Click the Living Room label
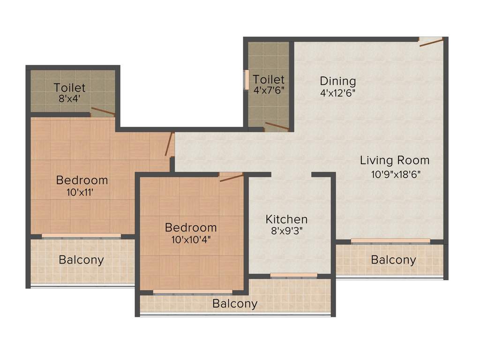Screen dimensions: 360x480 pyautogui.click(x=394, y=160)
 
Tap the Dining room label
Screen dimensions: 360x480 pyautogui.click(x=337, y=81)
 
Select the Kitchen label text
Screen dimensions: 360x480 pyautogui.click(x=286, y=219)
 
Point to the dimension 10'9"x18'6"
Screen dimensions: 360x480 pyautogui.click(x=395, y=175)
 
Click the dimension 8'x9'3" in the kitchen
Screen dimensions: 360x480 pyautogui.click(x=286, y=232)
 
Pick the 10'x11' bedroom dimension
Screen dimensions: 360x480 pyautogui.click(x=82, y=192)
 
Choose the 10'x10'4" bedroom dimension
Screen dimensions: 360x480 pyautogui.click(x=191, y=240)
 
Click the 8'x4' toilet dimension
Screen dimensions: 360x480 pyautogui.click(x=69, y=99)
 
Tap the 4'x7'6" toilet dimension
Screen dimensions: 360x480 pyautogui.click(x=269, y=90)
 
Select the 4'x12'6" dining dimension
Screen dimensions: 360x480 pyautogui.click(x=337, y=93)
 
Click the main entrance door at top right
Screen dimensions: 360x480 pyautogui.click(x=430, y=43)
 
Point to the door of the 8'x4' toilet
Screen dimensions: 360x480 pyautogui.click(x=103, y=112)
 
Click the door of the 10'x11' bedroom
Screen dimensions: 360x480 pyautogui.click(x=170, y=144)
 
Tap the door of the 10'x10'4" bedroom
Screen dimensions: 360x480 pyautogui.click(x=231, y=177)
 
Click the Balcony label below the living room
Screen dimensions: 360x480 pyautogui.click(x=393, y=260)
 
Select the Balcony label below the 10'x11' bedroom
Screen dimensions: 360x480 pyautogui.click(x=81, y=260)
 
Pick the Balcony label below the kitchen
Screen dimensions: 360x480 pyautogui.click(x=235, y=304)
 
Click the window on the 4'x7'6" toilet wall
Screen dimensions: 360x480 pyautogui.click(x=246, y=80)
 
